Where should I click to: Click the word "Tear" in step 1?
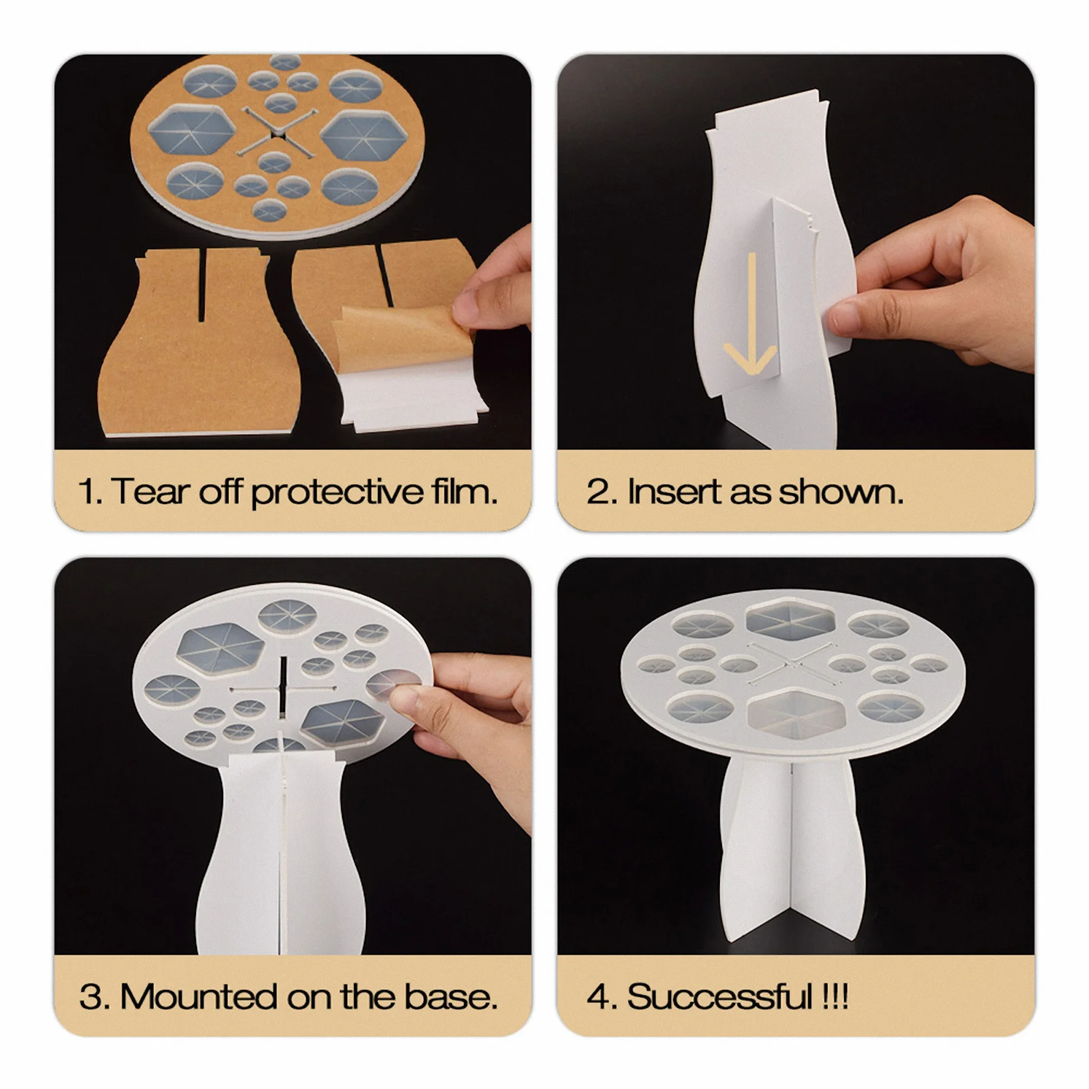point(149,491)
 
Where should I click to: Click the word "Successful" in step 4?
point(719,997)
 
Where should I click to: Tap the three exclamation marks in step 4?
point(835,997)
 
